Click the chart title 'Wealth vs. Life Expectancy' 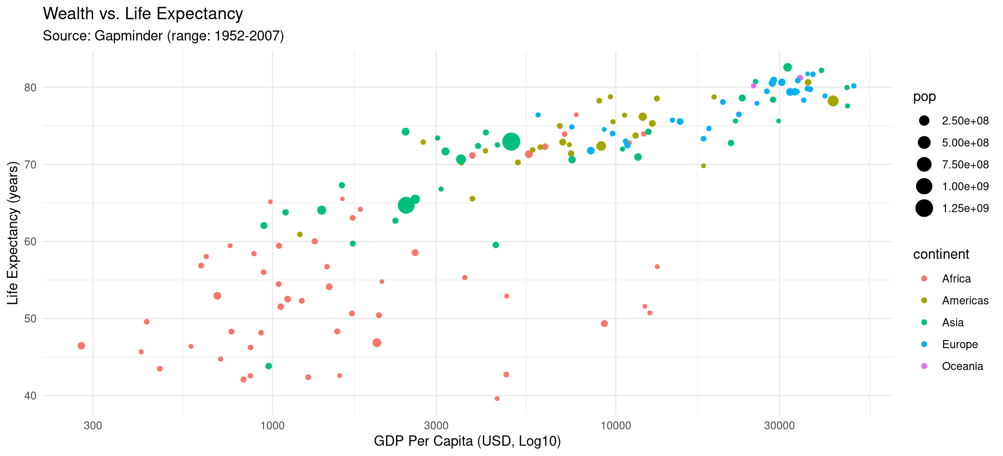click(x=143, y=14)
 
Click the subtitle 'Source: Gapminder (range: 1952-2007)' click(x=163, y=36)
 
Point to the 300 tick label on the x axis click(x=93, y=425)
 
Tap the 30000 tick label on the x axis click(x=779, y=425)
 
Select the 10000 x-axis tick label click(x=615, y=425)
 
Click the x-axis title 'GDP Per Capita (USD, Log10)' click(x=467, y=441)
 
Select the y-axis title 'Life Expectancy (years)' click(x=13, y=233)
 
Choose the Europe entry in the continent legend click(x=960, y=344)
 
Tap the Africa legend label click(x=956, y=279)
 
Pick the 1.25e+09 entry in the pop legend click(x=965, y=208)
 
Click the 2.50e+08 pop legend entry click(x=965, y=121)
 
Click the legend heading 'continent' click(x=941, y=255)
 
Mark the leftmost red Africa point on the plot click(x=81, y=346)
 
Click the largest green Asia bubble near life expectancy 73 click(x=511, y=142)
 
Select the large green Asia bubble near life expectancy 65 click(x=406, y=205)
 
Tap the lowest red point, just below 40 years click(x=497, y=399)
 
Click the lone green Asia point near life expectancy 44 click(x=269, y=366)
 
